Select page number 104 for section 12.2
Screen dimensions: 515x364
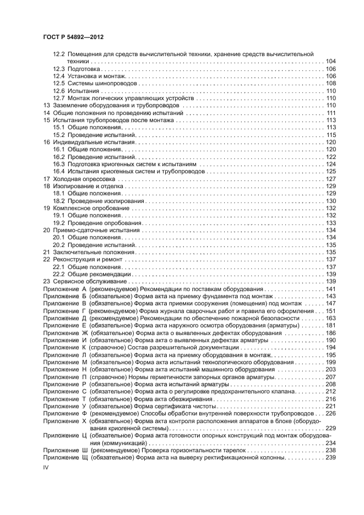pyautogui.click(x=331, y=61)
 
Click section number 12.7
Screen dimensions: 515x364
pyautogui.click(x=58, y=98)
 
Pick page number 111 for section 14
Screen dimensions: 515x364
pyautogui.click(x=331, y=113)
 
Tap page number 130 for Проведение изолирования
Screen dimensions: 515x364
pyautogui.click(x=331, y=201)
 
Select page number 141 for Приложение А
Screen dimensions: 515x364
pyautogui.click(x=331, y=289)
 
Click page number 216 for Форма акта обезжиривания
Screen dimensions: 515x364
pyautogui.click(x=331, y=398)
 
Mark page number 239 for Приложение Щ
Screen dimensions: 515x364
pyautogui.click(x=331, y=457)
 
